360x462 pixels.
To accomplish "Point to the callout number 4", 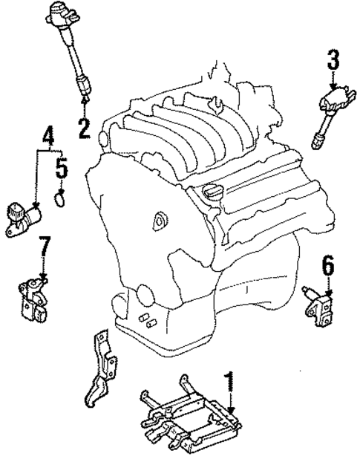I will click(48, 138).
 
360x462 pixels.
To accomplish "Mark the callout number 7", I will click(44, 246).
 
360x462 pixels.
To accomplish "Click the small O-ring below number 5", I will click(62, 199).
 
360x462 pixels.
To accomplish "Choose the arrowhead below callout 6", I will click(327, 287).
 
